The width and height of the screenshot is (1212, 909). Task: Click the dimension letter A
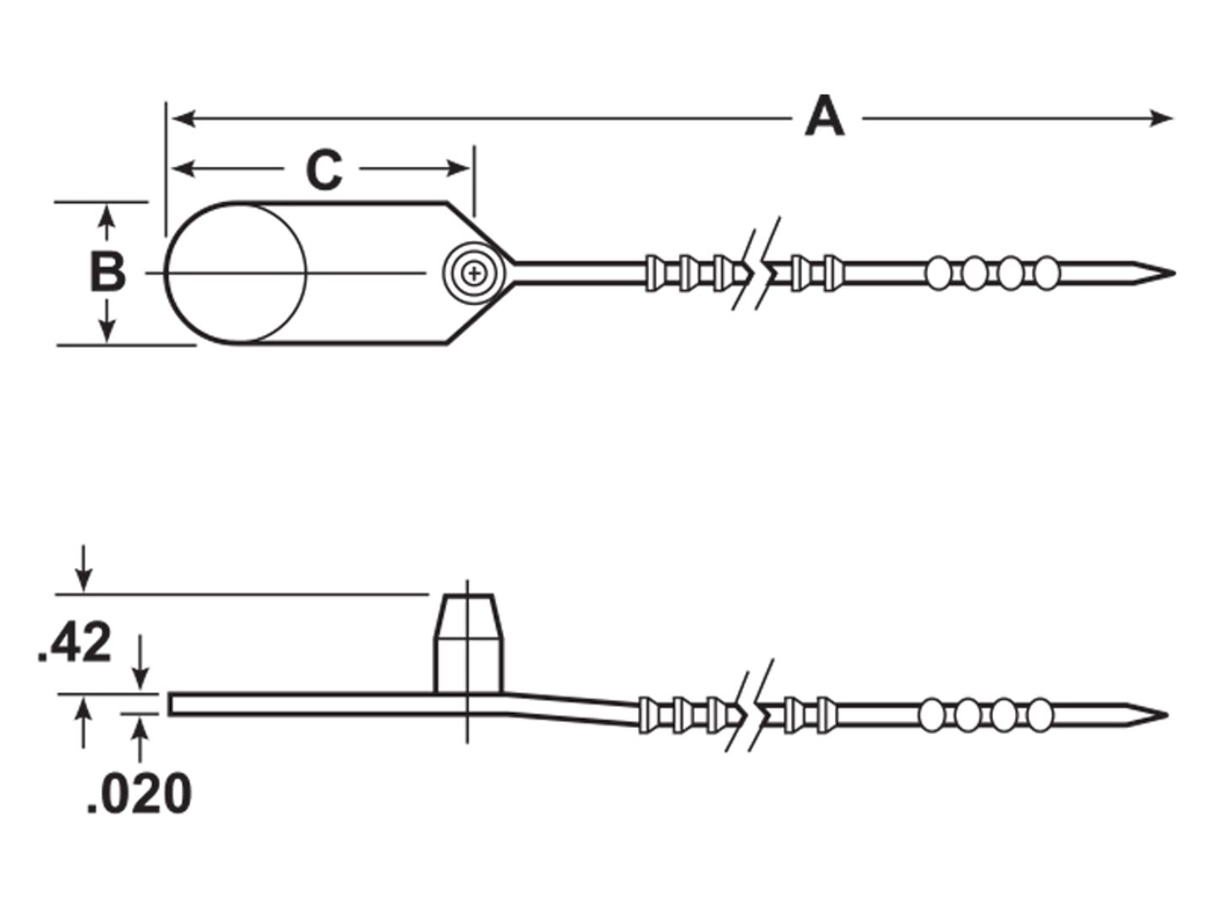click(824, 118)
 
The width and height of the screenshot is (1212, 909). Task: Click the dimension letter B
click(108, 273)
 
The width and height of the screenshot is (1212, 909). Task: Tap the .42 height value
click(76, 643)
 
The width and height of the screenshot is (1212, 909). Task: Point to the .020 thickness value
click(139, 793)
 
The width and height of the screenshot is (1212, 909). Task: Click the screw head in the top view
click(475, 273)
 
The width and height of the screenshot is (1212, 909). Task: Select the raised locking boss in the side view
click(469, 642)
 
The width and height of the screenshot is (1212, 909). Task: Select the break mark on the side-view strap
click(752, 712)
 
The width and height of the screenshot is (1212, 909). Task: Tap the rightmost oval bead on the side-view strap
click(1040, 715)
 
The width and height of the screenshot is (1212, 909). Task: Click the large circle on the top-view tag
click(235, 273)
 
